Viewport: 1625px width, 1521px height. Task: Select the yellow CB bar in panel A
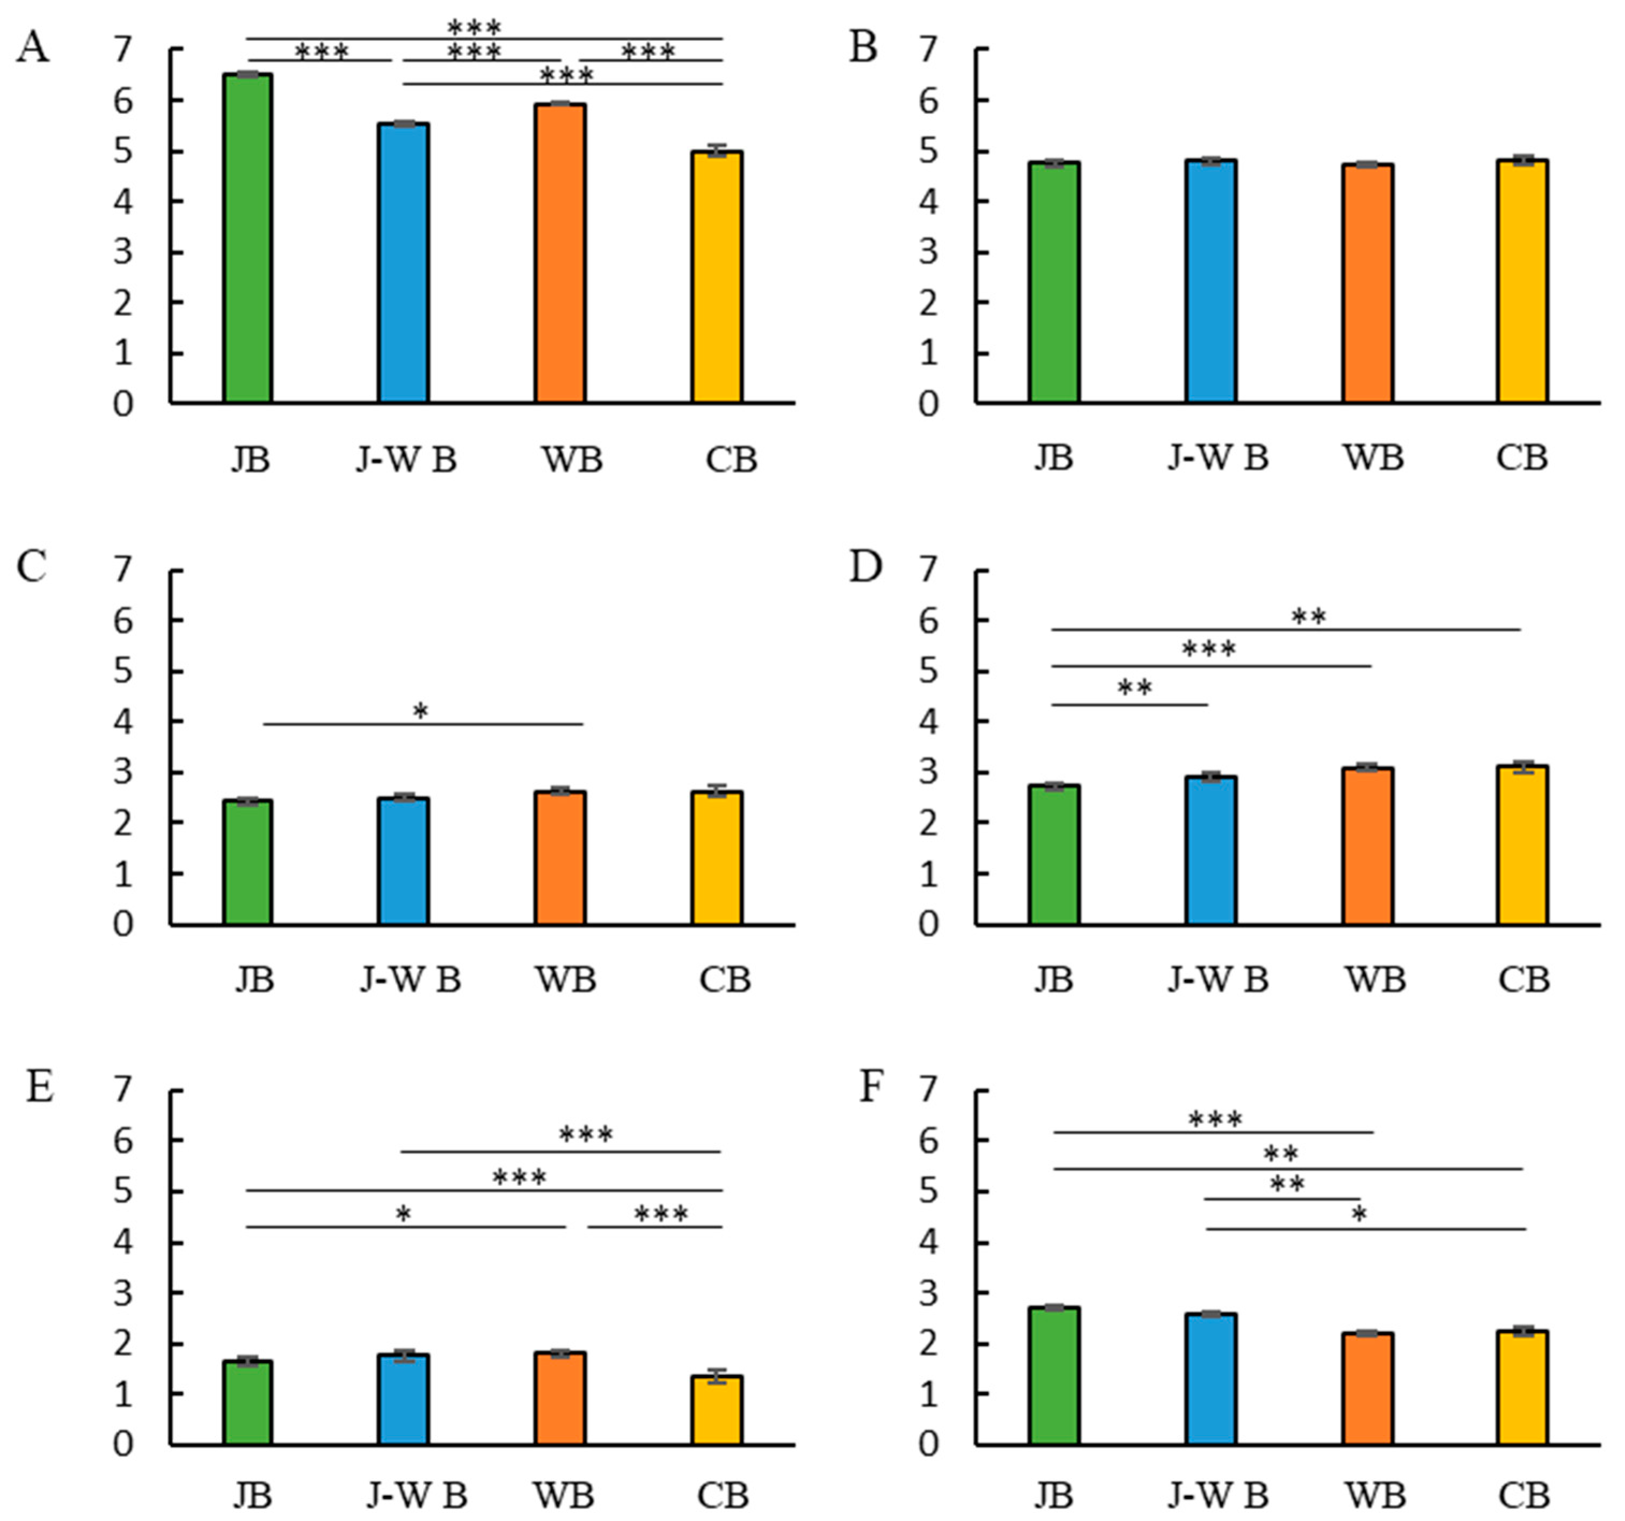[x=717, y=278]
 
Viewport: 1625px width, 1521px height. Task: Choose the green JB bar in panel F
[x=1054, y=1377]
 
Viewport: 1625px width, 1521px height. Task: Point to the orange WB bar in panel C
[x=560, y=858]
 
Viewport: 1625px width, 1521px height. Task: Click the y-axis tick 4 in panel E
[x=122, y=1243]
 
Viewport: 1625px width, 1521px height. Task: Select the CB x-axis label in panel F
[x=1524, y=1497]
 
